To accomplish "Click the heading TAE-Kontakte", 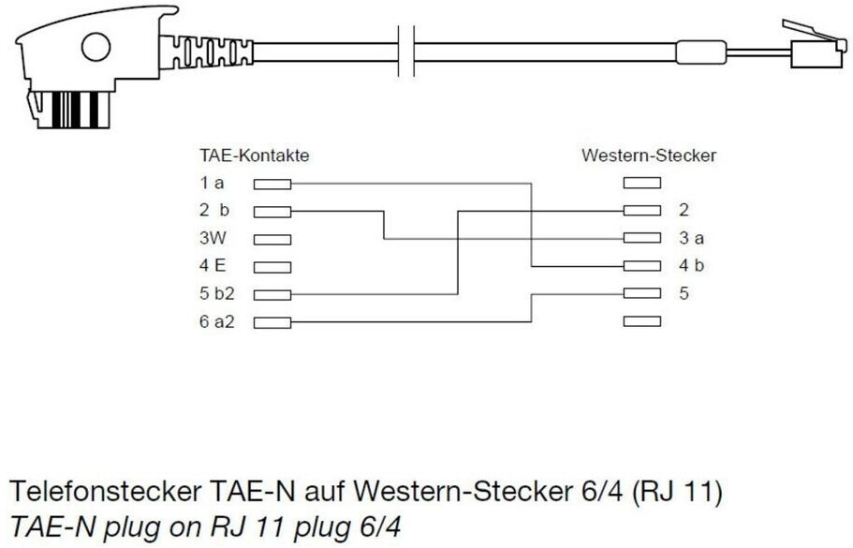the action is pos(254,156).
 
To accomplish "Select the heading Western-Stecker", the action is pos(649,156).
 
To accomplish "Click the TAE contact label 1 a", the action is pos(211,184).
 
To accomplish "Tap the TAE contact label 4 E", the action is pos(213,266).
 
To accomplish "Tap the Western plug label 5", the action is pos(684,293).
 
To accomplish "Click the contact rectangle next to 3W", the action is pos(272,240).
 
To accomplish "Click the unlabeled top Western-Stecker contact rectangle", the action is pos(641,184).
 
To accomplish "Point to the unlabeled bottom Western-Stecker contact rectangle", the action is pos(641,322).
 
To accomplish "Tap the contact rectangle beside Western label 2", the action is pos(641,211).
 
